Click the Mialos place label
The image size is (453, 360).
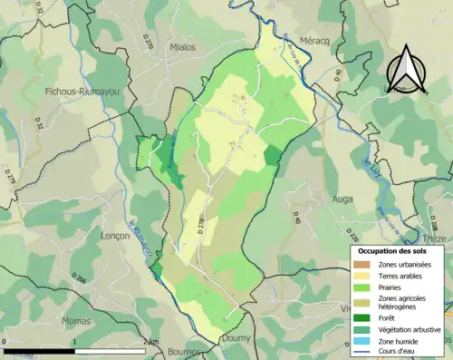[x=184, y=44]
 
